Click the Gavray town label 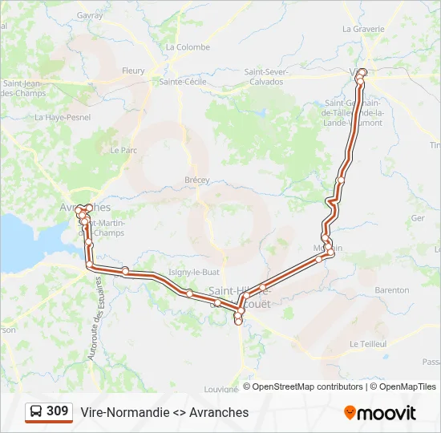coord(91,15)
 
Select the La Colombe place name coord(188,47)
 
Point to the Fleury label coord(133,71)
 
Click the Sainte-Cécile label coord(183,81)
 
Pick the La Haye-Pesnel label coord(63,117)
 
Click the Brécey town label coord(197,180)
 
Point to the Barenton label coord(392,289)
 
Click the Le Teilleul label coord(368,343)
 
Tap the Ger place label coord(417,218)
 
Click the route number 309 coord(57,411)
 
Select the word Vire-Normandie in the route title coord(124,412)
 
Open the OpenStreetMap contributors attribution coord(307,386)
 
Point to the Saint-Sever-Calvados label coord(266,76)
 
